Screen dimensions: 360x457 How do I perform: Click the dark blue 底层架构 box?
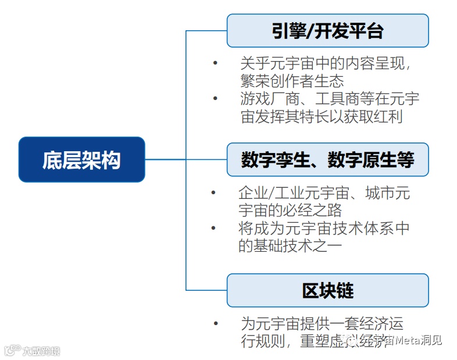(x=81, y=159)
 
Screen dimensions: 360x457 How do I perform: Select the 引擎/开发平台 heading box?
(x=327, y=31)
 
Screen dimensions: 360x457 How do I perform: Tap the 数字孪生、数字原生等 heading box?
(x=327, y=159)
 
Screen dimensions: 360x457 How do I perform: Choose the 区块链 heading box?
(x=327, y=290)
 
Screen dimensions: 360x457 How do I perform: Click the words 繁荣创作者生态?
(x=292, y=81)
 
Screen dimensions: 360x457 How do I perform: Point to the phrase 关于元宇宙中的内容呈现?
(x=326, y=63)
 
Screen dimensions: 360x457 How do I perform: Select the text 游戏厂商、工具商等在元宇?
(x=330, y=98)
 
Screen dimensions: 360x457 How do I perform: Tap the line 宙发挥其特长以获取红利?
(x=322, y=116)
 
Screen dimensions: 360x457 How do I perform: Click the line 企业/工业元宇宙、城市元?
(x=324, y=193)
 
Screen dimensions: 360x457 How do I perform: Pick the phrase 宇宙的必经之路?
(x=290, y=210)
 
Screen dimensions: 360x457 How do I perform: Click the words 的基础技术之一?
(x=290, y=246)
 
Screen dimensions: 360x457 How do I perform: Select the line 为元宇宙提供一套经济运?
(x=322, y=323)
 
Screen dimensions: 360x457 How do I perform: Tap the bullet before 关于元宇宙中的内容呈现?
(x=215, y=63)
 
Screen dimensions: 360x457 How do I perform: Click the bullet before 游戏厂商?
(x=215, y=98)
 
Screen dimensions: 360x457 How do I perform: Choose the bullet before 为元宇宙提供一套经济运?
(x=216, y=323)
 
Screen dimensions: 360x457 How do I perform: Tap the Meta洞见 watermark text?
(x=419, y=340)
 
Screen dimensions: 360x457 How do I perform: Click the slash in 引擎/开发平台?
(x=309, y=31)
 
